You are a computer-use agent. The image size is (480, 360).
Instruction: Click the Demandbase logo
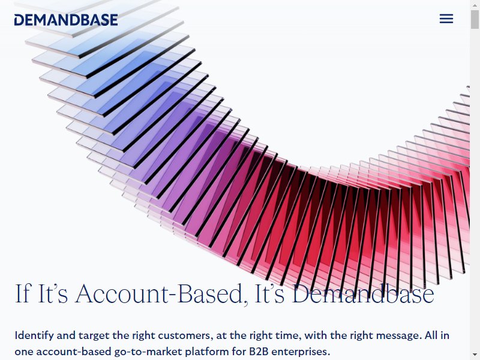(66, 20)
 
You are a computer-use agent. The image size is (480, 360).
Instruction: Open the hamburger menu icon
(446, 19)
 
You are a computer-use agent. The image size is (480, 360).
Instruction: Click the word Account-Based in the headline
(159, 293)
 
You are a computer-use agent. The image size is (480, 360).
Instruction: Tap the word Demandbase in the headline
(363, 293)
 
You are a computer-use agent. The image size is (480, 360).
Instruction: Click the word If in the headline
(23, 293)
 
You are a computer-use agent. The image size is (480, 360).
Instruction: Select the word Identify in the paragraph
(34, 336)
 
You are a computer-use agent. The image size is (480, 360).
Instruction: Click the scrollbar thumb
(475, 19)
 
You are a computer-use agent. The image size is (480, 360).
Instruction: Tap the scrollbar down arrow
(475, 356)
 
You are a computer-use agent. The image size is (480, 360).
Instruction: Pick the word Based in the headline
(211, 293)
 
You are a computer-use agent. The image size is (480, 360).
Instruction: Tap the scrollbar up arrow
(475, 4)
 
